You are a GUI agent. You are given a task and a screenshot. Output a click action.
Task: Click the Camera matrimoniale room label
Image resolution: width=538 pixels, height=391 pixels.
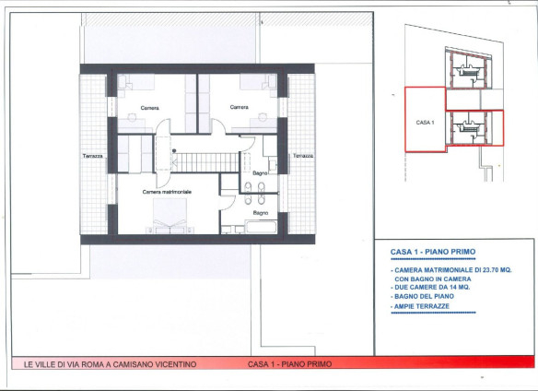pyautogui.click(x=167, y=192)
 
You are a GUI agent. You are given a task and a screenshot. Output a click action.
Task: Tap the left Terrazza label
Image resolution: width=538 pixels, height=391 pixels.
pyautogui.click(x=93, y=156)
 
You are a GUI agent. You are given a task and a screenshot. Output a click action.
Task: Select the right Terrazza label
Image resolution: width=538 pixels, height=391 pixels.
pyautogui.click(x=303, y=156)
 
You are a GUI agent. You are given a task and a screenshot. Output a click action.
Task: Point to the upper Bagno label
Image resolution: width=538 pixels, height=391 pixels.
pyautogui.click(x=260, y=173)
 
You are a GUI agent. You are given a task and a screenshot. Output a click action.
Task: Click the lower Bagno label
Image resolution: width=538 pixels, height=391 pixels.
pyautogui.click(x=261, y=213)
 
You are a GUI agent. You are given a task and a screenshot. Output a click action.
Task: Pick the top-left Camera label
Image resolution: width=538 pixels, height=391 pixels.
pyautogui.click(x=149, y=108)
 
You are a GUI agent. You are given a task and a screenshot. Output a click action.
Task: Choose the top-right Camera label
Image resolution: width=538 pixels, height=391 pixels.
pyautogui.click(x=240, y=107)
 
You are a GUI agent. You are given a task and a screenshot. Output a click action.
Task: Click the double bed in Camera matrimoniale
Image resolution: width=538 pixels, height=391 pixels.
pyautogui.click(x=170, y=216)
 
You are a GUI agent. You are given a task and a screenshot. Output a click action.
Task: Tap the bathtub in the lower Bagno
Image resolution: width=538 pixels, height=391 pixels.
pyautogui.click(x=262, y=227)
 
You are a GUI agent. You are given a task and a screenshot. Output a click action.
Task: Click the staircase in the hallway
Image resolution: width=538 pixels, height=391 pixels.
pyautogui.click(x=205, y=162)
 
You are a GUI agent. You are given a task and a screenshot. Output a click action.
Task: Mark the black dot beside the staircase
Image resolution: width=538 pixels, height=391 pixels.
pyautogui.click(x=174, y=150)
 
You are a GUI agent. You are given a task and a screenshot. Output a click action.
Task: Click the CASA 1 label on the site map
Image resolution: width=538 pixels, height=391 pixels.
pyautogui.click(x=425, y=123)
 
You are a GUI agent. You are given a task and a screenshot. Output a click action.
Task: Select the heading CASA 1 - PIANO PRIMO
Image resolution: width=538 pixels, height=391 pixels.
pyautogui.click(x=433, y=252)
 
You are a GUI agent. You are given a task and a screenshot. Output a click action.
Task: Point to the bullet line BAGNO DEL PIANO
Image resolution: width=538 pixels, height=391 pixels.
pyautogui.click(x=422, y=296)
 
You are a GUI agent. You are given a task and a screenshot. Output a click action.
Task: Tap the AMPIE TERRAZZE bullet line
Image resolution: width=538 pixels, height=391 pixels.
pyautogui.click(x=420, y=306)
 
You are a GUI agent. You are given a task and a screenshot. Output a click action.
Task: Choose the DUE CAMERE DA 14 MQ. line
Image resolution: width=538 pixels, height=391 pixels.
pyautogui.click(x=430, y=287)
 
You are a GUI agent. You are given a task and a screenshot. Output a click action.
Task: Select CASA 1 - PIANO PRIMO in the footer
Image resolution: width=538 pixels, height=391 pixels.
pyautogui.click(x=289, y=364)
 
